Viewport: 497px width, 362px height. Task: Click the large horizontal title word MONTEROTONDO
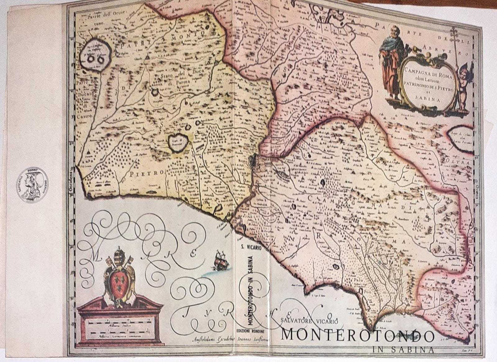click(x=358, y=336)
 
